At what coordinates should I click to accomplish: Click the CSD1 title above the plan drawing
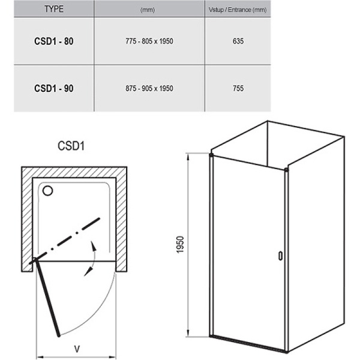click(70, 145)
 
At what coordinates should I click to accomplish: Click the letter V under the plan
click(77, 348)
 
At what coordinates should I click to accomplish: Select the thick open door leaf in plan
click(47, 297)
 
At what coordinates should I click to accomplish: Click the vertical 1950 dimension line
click(188, 245)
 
